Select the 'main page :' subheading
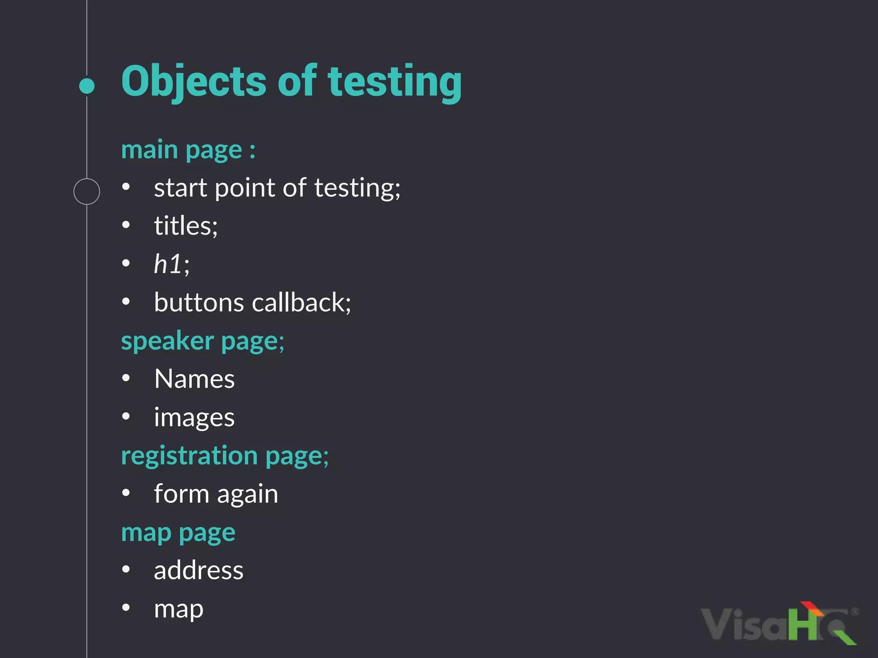pos(188,150)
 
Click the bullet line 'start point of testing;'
pos(277,188)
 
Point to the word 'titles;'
pos(186,226)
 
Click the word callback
pos(301,302)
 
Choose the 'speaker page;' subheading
pos(202,341)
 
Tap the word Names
pos(194,379)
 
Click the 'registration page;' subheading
pos(225,455)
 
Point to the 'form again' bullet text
pos(216,494)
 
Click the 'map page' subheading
pos(178,532)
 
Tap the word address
pos(198,570)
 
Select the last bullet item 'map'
pos(178,609)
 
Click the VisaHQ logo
pos(778,624)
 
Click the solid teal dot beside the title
pos(87,86)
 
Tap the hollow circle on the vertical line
pos(87,191)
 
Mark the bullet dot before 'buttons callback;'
pos(126,302)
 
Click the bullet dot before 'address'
pos(126,569)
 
